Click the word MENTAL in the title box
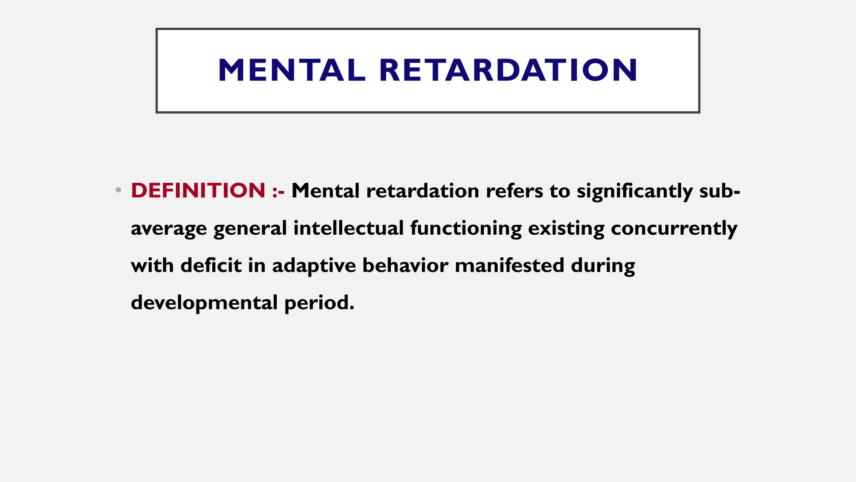coord(291,70)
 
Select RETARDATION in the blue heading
coord(508,70)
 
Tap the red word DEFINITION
coord(198,190)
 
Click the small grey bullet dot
coord(118,190)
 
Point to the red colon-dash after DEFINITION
coord(278,192)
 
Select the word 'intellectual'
coord(349,228)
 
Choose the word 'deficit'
coord(211,265)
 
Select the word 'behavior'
coord(405,265)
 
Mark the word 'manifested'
coord(510,265)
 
